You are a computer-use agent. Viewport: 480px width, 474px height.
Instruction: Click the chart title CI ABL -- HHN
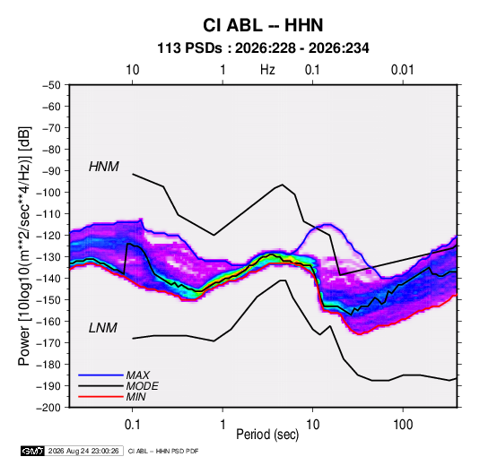[263, 25]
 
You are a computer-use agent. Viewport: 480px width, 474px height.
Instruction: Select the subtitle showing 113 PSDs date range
[263, 48]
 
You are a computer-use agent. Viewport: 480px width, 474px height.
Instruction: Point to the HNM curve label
[103, 167]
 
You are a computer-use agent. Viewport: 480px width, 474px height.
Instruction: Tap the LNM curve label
[103, 328]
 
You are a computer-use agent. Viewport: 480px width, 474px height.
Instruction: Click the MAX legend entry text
[138, 375]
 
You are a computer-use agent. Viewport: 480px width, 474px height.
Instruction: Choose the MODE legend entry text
[142, 386]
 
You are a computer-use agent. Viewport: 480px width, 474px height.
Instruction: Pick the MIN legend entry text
[135, 397]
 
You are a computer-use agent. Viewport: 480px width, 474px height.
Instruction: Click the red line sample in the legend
[100, 397]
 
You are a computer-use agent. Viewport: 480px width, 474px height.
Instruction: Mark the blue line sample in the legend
[100, 375]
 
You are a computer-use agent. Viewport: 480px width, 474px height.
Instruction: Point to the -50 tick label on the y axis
[51, 85]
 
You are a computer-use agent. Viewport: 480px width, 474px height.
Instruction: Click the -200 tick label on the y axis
[48, 408]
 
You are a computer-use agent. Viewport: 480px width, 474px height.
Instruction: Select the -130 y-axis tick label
[48, 257]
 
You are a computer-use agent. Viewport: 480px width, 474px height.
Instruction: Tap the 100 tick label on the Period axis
[403, 425]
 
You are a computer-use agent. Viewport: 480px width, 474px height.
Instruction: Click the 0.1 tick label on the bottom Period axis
[132, 425]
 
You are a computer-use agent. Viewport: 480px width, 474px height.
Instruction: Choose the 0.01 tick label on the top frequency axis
[402, 70]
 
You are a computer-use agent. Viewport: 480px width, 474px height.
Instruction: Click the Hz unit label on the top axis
[267, 70]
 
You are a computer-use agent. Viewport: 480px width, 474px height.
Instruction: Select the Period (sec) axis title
[267, 435]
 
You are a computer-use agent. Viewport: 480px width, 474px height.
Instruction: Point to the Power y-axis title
[24, 246]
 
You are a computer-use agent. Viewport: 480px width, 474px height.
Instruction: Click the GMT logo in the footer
[33, 451]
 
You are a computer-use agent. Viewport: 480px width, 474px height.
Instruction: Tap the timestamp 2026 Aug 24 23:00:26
[83, 451]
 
